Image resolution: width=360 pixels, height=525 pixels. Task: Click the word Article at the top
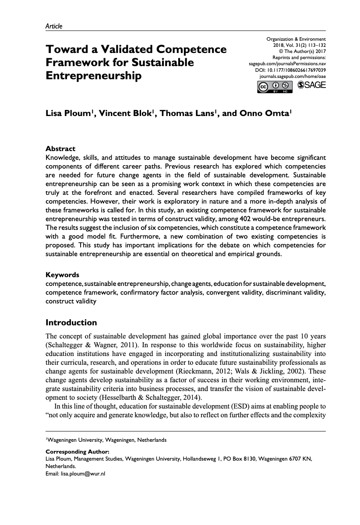coord(54,26)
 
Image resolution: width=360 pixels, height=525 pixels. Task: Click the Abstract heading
coord(60,149)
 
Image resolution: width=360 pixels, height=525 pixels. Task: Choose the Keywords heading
coord(62,275)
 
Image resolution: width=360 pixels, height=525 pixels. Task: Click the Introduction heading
coord(71,323)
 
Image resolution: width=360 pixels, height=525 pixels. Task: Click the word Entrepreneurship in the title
coord(94,76)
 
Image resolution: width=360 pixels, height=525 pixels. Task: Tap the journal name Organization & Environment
coord(296,39)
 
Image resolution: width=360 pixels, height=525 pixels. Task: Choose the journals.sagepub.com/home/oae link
coord(293,76)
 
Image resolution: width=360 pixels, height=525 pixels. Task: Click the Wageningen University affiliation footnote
coord(106,439)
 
